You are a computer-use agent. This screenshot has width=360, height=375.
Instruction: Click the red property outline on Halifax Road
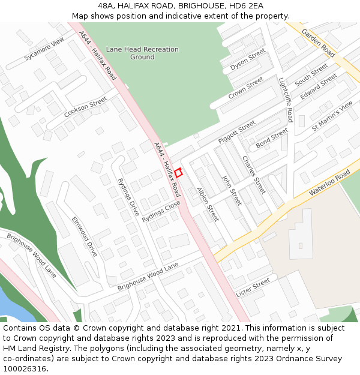178,172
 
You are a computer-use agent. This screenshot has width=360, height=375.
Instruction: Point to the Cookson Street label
86,106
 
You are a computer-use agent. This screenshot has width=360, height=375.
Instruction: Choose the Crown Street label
245,88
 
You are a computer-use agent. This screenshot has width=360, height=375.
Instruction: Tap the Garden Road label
318,43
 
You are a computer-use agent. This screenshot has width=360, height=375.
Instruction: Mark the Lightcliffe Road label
286,100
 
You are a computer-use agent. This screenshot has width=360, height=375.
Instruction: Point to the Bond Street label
272,138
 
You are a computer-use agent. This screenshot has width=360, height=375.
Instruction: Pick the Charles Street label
253,175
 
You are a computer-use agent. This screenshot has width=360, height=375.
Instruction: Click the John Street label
232,190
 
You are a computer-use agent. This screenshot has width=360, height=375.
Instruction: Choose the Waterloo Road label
329,182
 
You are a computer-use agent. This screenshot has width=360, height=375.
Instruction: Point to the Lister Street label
253,287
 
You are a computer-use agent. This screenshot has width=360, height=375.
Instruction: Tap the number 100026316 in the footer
25,368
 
